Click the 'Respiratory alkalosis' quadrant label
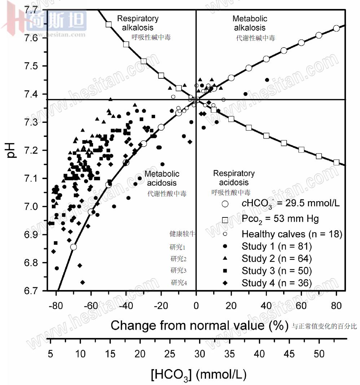tap(138, 23)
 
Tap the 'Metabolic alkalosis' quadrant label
tap(250, 23)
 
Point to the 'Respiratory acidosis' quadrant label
tap(234, 178)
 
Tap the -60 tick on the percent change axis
tap(91, 305)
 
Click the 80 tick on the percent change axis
tap(336, 305)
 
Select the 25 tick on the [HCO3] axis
tap(170, 354)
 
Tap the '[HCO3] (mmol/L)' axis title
tap(199, 375)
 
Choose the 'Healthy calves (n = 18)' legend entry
tap(291, 234)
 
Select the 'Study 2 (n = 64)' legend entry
tap(276, 259)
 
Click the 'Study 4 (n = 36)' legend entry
tap(276, 283)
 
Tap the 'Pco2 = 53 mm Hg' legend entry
tap(280, 219)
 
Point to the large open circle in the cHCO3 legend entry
tap(225, 204)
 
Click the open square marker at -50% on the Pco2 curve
tap(108, 24)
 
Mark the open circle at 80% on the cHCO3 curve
tap(336, 28)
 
